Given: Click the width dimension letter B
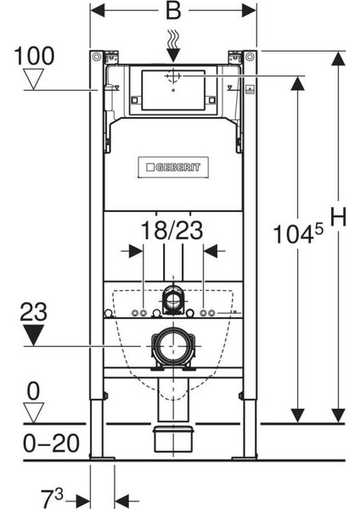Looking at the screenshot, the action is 173,10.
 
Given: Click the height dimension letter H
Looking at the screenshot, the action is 338,216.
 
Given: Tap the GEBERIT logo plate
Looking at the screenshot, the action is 173,167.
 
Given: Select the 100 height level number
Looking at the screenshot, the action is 34,56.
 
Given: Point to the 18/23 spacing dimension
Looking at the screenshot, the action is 172,231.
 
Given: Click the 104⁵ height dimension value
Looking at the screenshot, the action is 298,233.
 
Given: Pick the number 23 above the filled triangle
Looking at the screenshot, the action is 33,312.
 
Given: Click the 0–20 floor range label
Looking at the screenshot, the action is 51,443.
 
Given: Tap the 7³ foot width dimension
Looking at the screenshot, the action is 52,498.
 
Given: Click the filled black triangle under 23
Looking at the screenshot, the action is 33,335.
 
